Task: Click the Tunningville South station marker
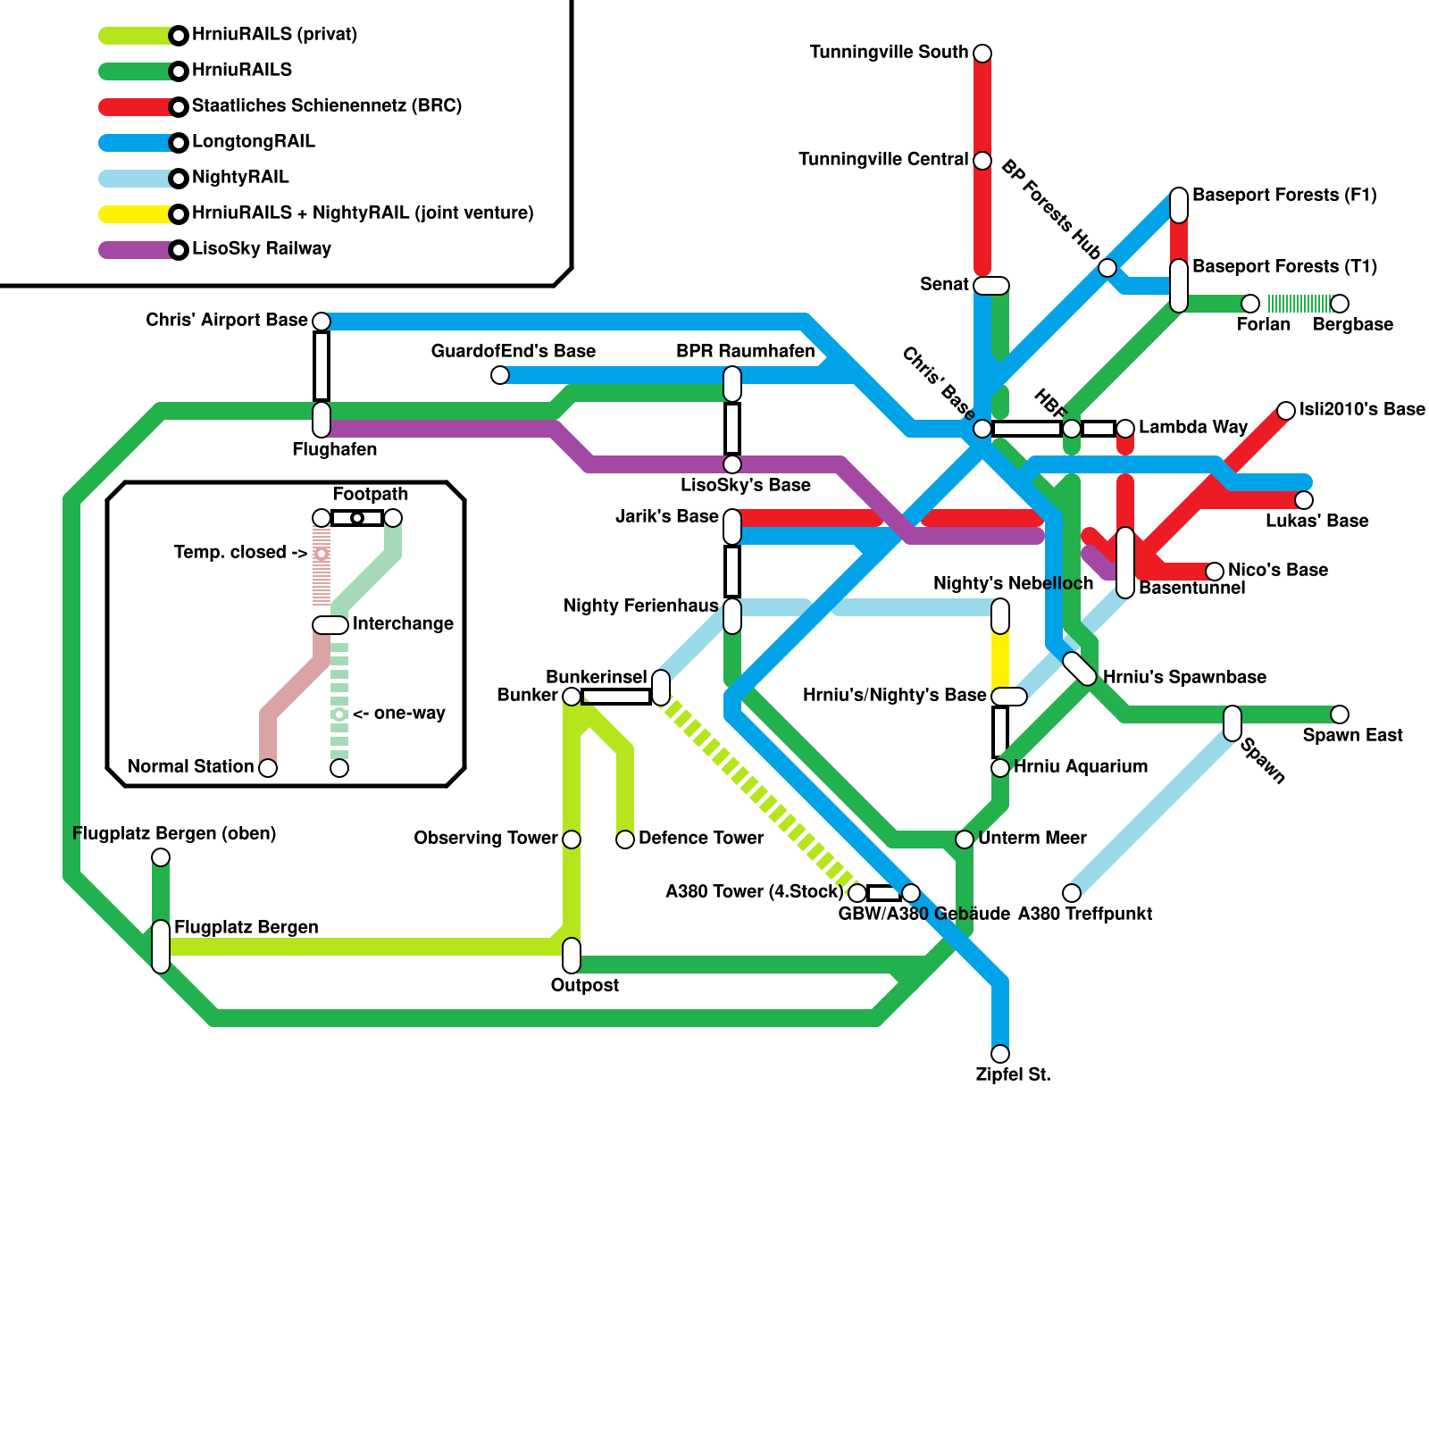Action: pos(982,54)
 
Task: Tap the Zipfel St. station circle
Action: pos(1000,1054)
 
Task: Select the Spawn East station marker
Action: pos(1340,714)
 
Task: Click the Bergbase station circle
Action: pos(1340,304)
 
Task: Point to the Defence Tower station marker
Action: pos(625,840)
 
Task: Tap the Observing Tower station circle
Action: pos(572,840)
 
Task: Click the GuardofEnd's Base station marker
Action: pos(500,375)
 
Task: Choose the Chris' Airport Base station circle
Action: pos(322,322)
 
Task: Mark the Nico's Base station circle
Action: pos(1215,572)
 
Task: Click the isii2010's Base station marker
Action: pos(1286,411)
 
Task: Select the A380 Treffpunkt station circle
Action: pos(1072,893)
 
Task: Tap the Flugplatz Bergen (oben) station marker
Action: pos(161,857)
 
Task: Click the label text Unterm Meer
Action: pos(1032,839)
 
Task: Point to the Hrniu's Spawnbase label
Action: pos(1184,678)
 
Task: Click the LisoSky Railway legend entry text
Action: pos(261,249)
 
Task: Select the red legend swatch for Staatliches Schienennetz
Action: pos(134,107)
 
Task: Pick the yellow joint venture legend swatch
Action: pos(134,214)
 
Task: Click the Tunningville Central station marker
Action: pos(982,161)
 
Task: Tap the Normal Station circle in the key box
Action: pos(268,768)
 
